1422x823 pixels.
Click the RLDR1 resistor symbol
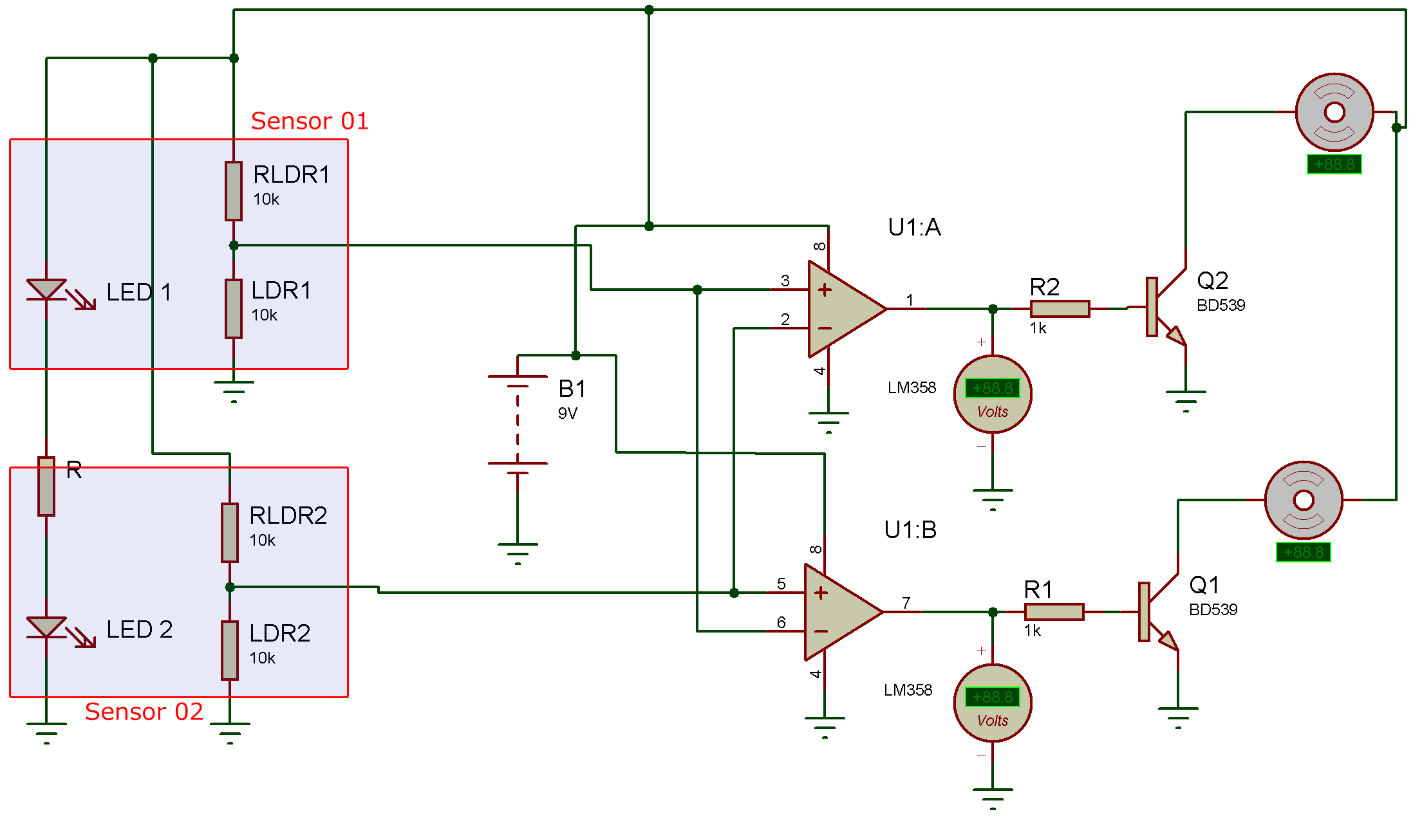click(x=234, y=191)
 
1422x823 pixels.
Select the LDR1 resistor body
click(x=234, y=309)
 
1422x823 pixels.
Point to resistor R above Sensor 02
click(x=46, y=486)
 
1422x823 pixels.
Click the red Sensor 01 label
click(x=310, y=121)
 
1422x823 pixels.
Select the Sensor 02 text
click(x=144, y=712)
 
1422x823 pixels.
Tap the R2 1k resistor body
click(x=1060, y=309)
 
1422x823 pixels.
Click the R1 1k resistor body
click(x=1054, y=612)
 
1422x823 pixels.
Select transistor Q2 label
click(x=1213, y=281)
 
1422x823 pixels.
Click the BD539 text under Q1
click(x=1213, y=609)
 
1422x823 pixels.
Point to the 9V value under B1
click(x=568, y=413)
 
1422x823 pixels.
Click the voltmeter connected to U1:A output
click(x=993, y=394)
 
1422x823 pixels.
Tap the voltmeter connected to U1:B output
click(x=993, y=703)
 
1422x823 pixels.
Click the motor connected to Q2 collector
click(x=1334, y=112)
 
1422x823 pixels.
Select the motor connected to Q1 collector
click(x=1304, y=500)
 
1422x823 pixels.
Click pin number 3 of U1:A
click(x=785, y=281)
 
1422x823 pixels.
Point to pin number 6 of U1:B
click(x=781, y=622)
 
